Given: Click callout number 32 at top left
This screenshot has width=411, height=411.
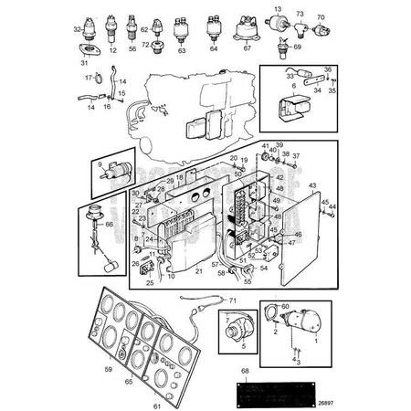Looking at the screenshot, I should click(77, 30).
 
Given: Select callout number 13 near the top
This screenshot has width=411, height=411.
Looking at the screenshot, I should click(278, 7).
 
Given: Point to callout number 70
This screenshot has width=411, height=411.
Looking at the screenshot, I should click(320, 17).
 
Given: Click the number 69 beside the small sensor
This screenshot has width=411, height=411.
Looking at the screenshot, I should click(298, 45).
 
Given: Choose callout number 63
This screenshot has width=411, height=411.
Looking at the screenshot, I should click(181, 51).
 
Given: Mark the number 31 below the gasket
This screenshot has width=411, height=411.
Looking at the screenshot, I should click(85, 63).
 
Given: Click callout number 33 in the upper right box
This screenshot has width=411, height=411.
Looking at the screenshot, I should click(290, 78).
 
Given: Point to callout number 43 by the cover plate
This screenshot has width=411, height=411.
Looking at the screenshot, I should click(312, 184).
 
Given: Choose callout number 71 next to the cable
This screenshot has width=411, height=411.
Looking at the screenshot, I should click(232, 300).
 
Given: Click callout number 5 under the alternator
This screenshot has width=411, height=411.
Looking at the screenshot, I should click(243, 346).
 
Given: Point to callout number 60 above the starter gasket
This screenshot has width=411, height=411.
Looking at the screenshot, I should click(285, 307).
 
